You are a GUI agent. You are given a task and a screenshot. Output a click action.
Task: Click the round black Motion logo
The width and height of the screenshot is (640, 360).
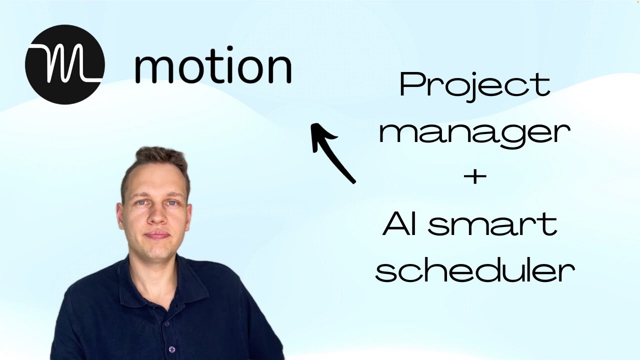pyautogui.click(x=64, y=64)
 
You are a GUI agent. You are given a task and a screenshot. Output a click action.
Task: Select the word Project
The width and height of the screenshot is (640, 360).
pyautogui.click(x=474, y=85)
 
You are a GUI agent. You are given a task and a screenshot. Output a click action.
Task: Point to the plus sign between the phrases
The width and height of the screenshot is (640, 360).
pyautogui.click(x=474, y=177)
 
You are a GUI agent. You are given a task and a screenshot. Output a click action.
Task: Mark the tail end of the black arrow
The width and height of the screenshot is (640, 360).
pyautogui.click(x=353, y=181)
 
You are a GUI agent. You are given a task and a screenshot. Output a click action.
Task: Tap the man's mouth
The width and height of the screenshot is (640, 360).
pyautogui.click(x=157, y=234)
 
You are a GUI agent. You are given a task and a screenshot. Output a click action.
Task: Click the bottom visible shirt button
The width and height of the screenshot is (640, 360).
pyautogui.click(x=171, y=349)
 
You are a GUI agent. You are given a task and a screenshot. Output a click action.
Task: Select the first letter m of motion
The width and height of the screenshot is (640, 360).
pyautogui.click(x=152, y=70)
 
